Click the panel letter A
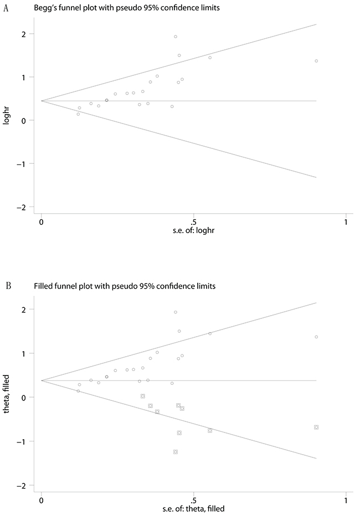coord(5,8)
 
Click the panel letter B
coord(8,286)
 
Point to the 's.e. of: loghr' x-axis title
coord(193,230)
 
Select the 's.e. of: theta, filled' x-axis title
coord(193,509)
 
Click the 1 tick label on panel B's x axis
coord(346,501)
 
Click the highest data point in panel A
coord(176,37)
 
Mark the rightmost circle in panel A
coord(316,61)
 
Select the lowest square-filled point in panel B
coord(176,452)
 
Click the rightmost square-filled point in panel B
coord(316,427)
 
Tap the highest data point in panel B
coord(176,312)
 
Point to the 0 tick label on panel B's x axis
coord(42,501)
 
